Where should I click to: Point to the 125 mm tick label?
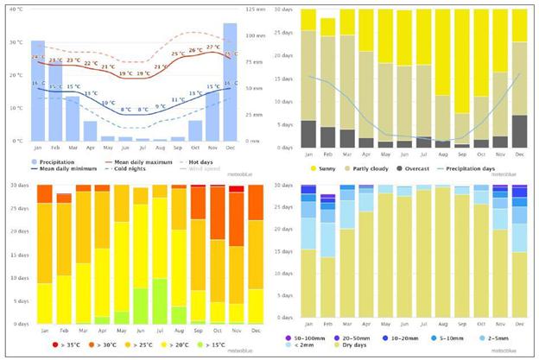pyautogui.click(x=255, y=9)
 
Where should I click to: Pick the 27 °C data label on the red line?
pyautogui.click(x=212, y=47)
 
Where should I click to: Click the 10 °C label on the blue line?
pyautogui.click(x=108, y=104)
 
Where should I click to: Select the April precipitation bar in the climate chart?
pyautogui.click(x=91, y=130)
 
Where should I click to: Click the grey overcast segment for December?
pyautogui.click(x=518, y=130)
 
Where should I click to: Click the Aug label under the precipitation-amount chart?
pyautogui.click(x=443, y=329)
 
